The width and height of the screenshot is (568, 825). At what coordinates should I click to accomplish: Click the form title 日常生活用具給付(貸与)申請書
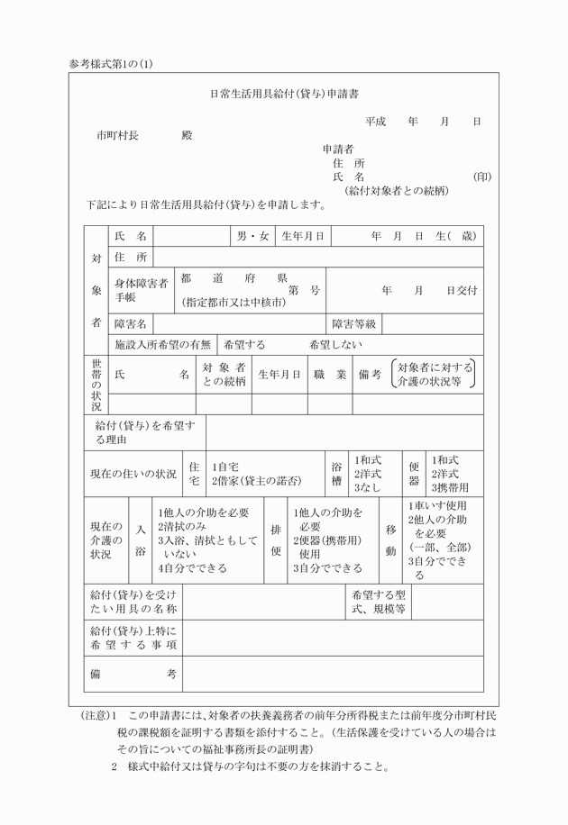click(284, 93)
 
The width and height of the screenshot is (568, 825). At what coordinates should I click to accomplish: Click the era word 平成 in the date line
click(375, 121)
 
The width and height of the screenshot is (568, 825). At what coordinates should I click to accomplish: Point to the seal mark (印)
click(482, 177)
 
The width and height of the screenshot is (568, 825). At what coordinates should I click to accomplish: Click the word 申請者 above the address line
click(337, 149)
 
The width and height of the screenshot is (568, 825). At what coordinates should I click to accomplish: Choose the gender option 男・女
click(252, 236)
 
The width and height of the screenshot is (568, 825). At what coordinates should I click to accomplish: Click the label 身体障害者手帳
click(141, 290)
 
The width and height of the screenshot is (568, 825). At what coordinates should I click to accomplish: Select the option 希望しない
click(335, 344)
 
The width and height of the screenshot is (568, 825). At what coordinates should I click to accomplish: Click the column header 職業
click(330, 374)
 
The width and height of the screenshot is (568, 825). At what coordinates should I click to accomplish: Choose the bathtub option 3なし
click(367, 486)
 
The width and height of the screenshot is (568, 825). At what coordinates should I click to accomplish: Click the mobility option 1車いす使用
click(437, 506)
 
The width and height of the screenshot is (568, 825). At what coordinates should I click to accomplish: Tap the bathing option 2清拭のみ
click(182, 526)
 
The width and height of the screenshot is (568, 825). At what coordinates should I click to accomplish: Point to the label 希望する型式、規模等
click(378, 603)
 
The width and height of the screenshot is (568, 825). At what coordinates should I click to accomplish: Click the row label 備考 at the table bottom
click(132, 674)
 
